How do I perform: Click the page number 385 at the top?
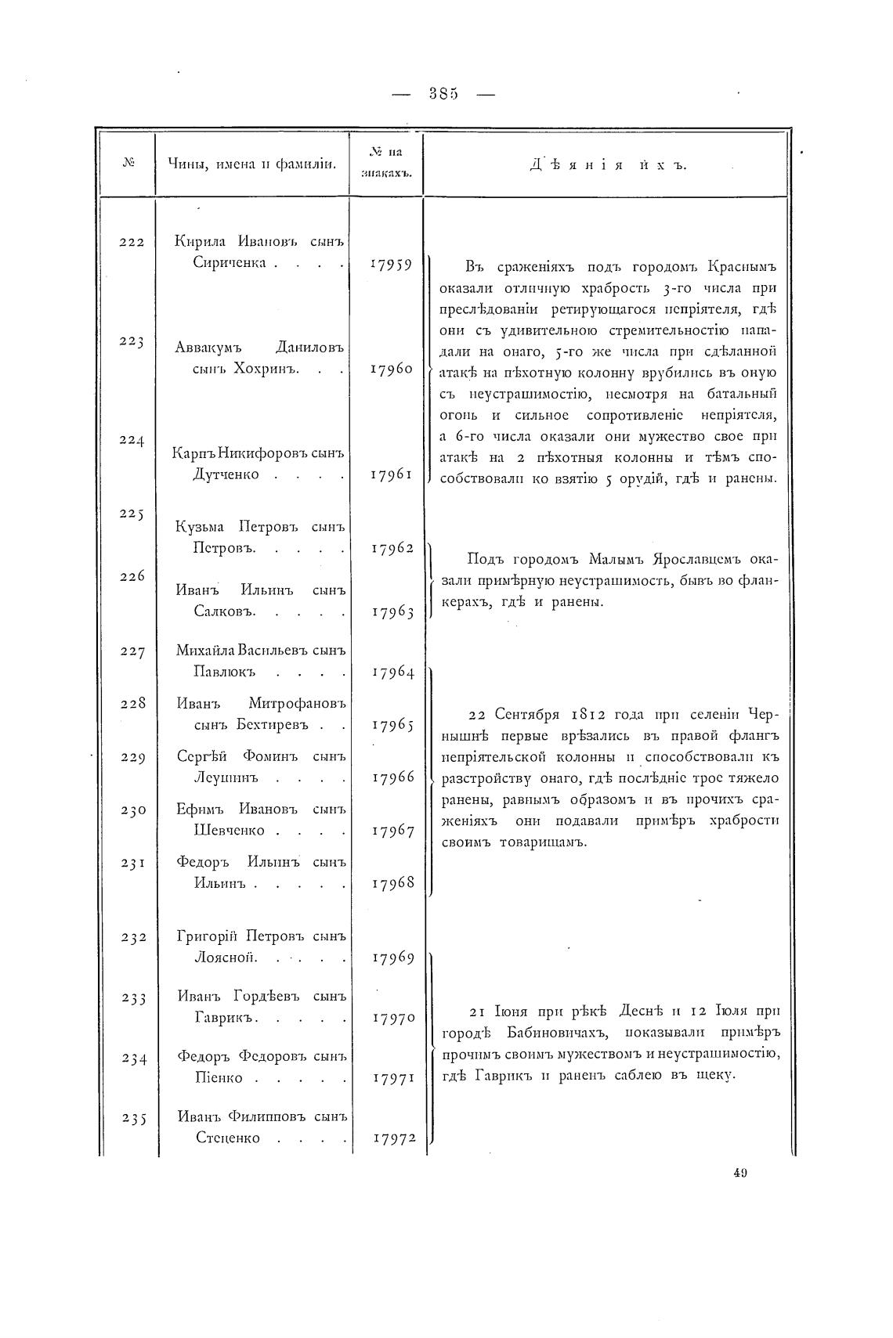443,94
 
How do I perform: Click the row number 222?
132,242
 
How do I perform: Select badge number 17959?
390,264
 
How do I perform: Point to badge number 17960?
391,369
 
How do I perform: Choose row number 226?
132,576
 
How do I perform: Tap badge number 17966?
392,777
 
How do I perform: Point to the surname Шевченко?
228,830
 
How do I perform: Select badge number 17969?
392,958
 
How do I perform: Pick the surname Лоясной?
225,958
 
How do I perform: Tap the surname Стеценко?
227,1138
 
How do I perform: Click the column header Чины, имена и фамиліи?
251,164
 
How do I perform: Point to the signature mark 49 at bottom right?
741,1172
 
